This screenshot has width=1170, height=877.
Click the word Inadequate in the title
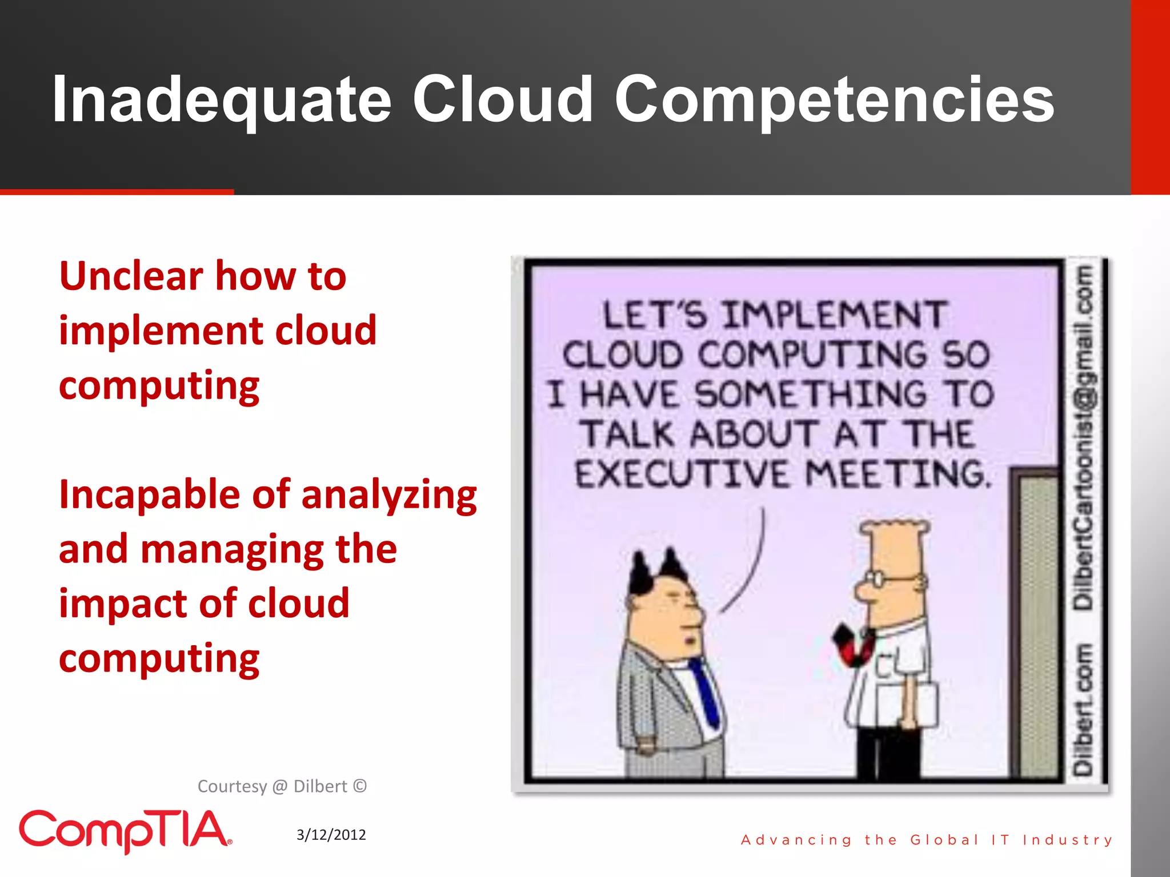pyautogui.click(x=222, y=100)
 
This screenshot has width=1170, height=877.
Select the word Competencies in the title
pyautogui.click(x=834, y=100)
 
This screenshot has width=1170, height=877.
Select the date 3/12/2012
pyautogui.click(x=331, y=835)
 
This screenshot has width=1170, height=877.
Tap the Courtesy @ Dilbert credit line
pyautogui.click(x=282, y=786)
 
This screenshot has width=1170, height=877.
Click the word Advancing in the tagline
pyautogui.click(x=796, y=840)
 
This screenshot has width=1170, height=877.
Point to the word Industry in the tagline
pyautogui.click(x=1067, y=840)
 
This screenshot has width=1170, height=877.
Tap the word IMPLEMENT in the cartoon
pyautogui.click(x=834, y=315)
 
